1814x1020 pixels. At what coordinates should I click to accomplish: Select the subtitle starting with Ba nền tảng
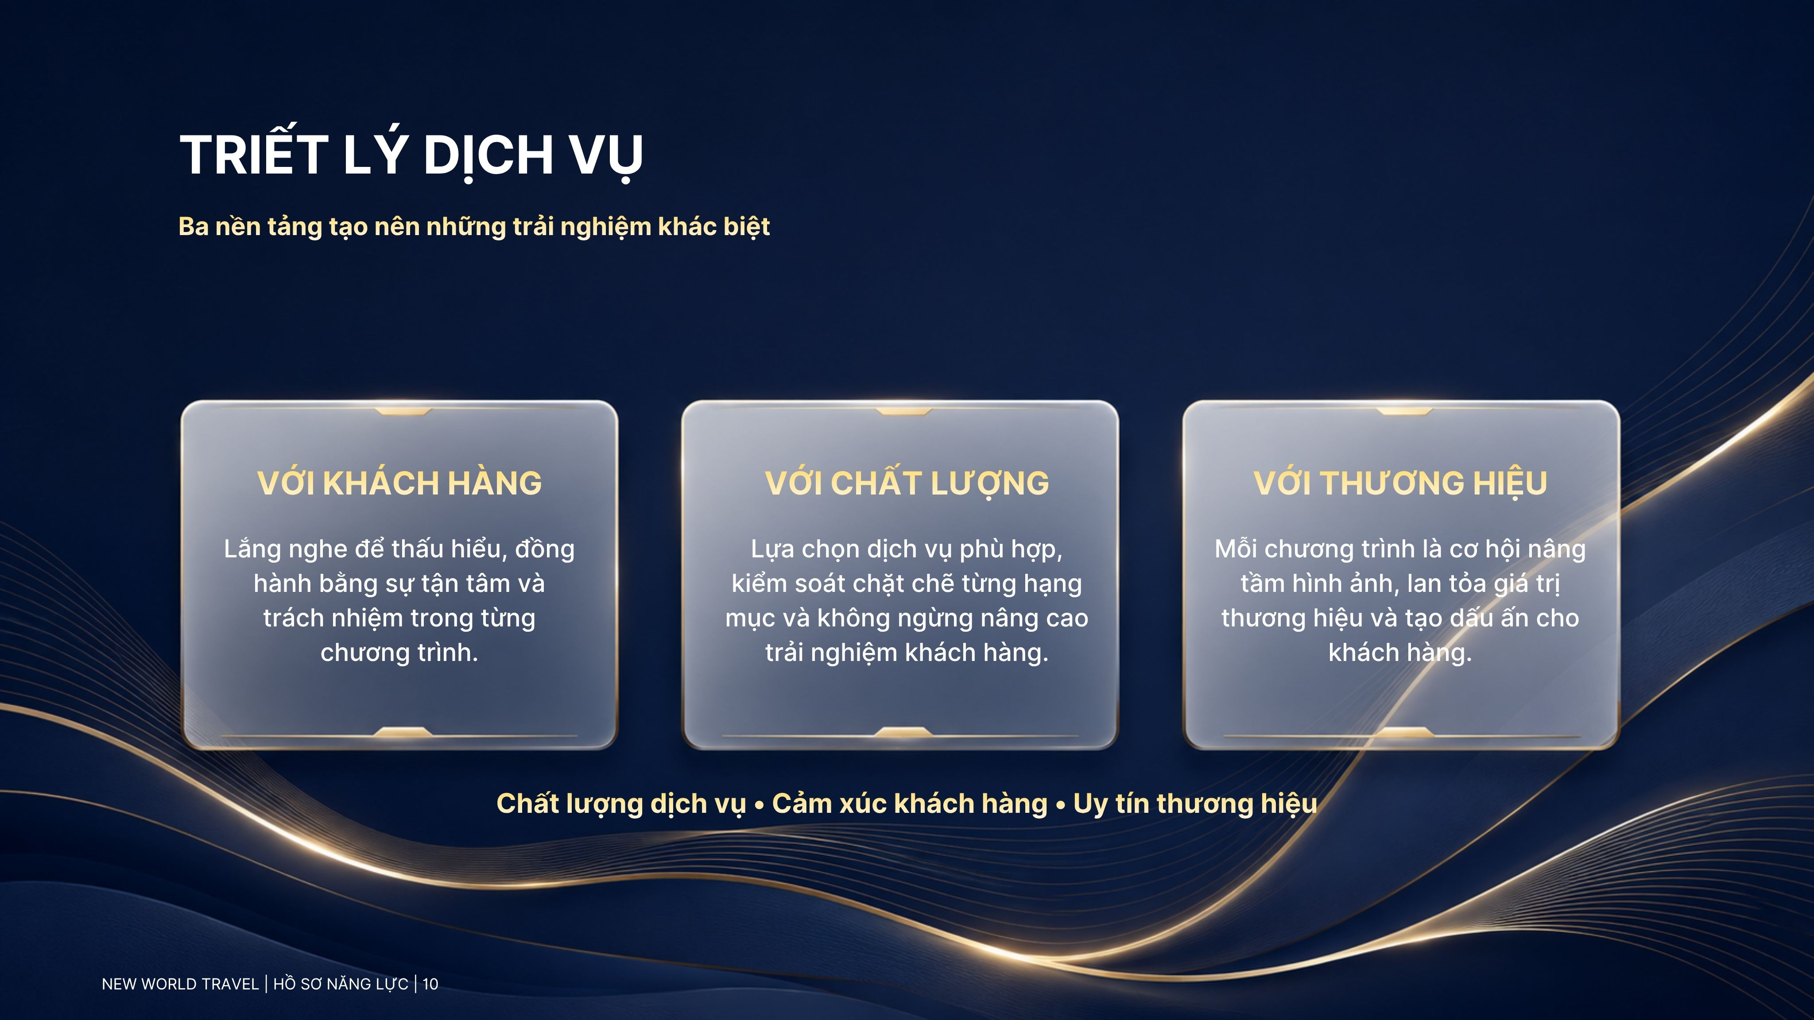click(x=474, y=227)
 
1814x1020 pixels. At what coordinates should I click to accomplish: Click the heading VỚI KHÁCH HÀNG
click(x=399, y=483)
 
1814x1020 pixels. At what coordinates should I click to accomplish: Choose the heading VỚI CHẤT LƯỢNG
click(x=907, y=483)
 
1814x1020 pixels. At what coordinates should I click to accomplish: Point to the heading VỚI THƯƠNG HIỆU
click(x=1400, y=483)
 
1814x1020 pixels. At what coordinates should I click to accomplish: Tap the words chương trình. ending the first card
click(x=399, y=653)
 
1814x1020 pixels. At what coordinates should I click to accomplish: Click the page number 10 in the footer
click(x=430, y=984)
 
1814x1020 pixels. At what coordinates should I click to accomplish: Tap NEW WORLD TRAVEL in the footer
click(x=180, y=984)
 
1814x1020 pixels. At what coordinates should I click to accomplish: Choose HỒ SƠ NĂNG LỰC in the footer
click(x=341, y=984)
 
